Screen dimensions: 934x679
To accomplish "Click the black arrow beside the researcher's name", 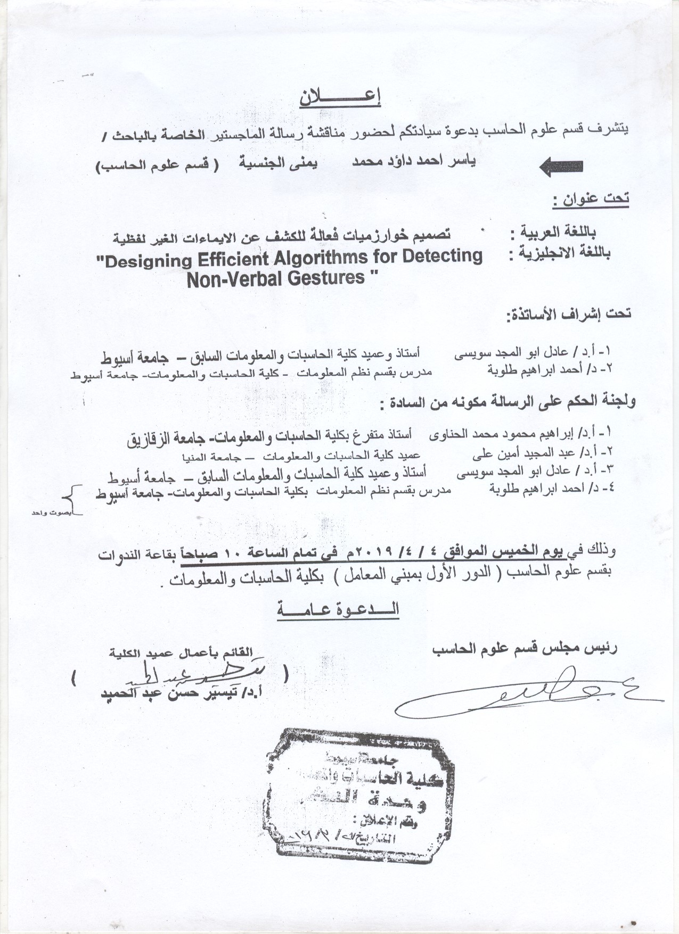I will click(561, 167).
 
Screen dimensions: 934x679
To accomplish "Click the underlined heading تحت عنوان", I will click(590, 200).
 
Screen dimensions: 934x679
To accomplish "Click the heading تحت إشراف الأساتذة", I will click(568, 313).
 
